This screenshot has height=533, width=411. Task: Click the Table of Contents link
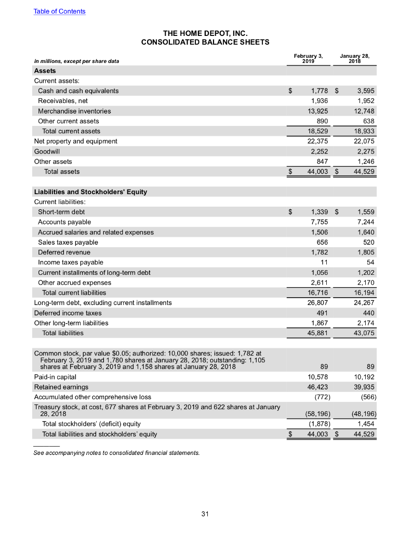click(x=60, y=11)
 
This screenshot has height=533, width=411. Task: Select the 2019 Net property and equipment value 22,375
click(x=314, y=141)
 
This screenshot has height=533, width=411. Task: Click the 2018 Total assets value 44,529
click(x=364, y=171)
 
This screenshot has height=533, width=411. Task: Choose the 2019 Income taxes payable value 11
click(x=323, y=262)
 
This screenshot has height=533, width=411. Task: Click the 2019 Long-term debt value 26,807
click(x=314, y=302)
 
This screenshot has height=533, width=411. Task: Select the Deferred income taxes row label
click(x=68, y=313)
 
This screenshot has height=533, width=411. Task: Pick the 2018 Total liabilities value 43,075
click(x=364, y=333)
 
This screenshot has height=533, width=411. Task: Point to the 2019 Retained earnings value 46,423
click(x=314, y=387)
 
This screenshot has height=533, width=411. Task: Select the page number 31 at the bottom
click(x=205, y=514)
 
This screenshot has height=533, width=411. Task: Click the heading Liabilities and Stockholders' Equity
click(x=90, y=192)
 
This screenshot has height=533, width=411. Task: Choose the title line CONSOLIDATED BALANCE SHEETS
click(x=205, y=42)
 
